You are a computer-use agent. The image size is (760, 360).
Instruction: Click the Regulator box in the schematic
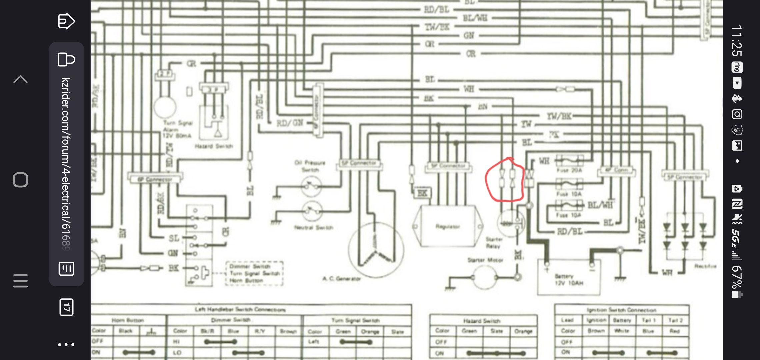(x=448, y=227)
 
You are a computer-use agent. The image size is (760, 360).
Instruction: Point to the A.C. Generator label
(x=341, y=279)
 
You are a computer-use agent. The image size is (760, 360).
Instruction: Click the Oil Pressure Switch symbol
(x=311, y=186)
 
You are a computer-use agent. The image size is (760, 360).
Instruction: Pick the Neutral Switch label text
(x=313, y=228)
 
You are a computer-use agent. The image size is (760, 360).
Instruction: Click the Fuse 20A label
(x=569, y=170)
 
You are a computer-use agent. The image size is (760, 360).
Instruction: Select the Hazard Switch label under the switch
(x=214, y=146)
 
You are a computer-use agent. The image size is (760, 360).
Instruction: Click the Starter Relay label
(x=493, y=243)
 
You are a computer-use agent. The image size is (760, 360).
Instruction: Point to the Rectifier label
(x=705, y=266)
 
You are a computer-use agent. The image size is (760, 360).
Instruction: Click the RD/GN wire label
(x=289, y=123)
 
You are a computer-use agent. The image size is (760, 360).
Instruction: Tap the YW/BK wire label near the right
(x=559, y=116)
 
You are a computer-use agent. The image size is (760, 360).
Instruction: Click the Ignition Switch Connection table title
(x=621, y=310)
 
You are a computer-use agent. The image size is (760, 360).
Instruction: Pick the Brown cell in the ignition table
(x=596, y=331)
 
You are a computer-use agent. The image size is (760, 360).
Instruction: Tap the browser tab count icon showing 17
(x=66, y=307)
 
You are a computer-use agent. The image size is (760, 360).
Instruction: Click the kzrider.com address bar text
(x=66, y=163)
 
